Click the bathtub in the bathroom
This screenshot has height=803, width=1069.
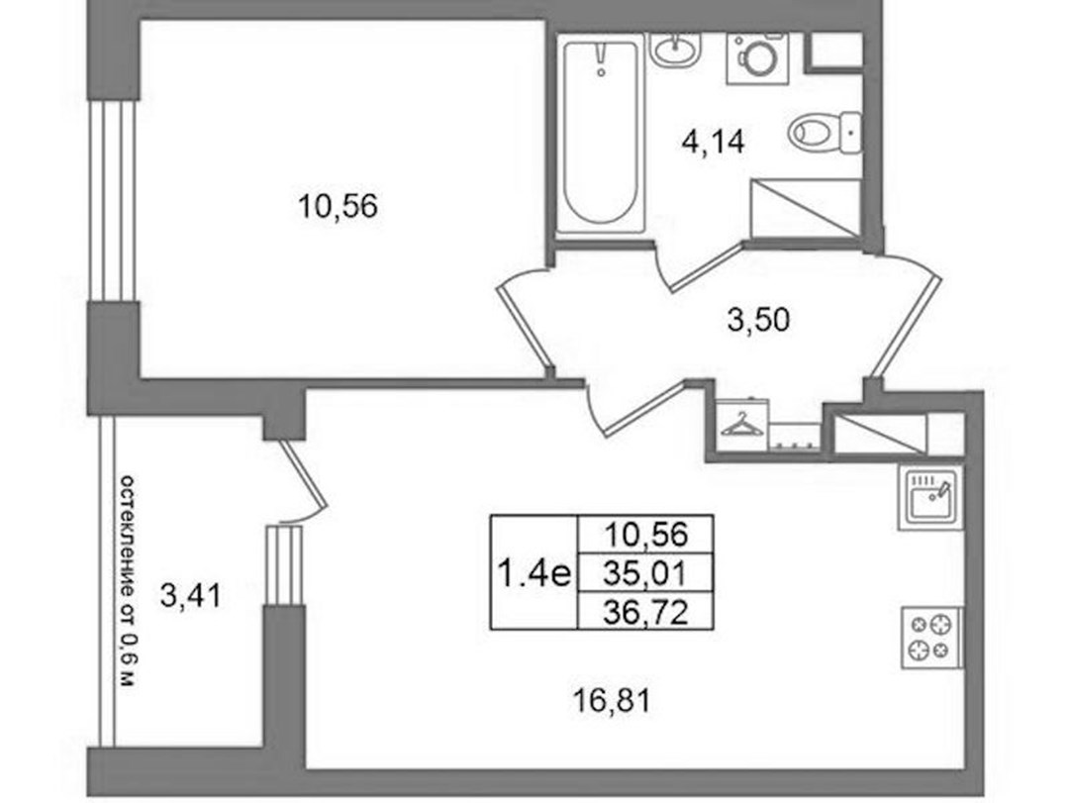pyautogui.click(x=601, y=134)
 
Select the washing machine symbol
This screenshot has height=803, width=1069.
pyautogui.click(x=757, y=58)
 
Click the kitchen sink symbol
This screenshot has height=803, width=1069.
pyautogui.click(x=929, y=498)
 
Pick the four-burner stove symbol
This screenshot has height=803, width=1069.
pyautogui.click(x=931, y=638)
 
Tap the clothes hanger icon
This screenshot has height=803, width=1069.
pyautogui.click(x=742, y=425)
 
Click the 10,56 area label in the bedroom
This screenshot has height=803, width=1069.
pyautogui.click(x=339, y=206)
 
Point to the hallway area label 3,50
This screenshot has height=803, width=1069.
pyautogui.click(x=758, y=320)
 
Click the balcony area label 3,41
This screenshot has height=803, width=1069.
pyautogui.click(x=191, y=596)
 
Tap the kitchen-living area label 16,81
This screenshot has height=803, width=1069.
pyautogui.click(x=612, y=701)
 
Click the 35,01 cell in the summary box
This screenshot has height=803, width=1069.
pyautogui.click(x=645, y=573)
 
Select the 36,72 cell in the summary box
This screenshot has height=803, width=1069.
pyautogui.click(x=645, y=611)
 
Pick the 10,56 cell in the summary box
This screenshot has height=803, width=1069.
pyautogui.click(x=645, y=535)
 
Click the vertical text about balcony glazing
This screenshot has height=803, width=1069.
pyautogui.click(x=128, y=580)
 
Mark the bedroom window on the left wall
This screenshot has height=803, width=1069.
pyautogui.click(x=114, y=201)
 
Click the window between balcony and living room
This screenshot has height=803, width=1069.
pyautogui.click(x=284, y=565)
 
